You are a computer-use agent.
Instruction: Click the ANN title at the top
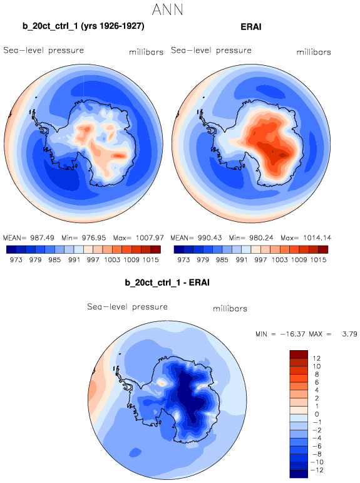[x=168, y=9]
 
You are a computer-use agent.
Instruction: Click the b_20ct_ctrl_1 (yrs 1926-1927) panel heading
[x=83, y=26]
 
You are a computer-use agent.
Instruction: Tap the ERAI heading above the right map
[x=251, y=27]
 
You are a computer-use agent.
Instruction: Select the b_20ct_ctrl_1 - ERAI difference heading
[x=167, y=283]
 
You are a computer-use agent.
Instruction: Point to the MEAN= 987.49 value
[x=28, y=238]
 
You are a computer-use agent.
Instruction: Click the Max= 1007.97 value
[x=138, y=238]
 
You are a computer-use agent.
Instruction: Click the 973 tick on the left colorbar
[x=16, y=260]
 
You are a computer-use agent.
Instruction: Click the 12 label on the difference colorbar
[x=317, y=358]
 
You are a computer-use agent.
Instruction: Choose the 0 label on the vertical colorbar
[x=317, y=414]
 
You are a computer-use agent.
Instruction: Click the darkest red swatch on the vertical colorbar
[x=299, y=354]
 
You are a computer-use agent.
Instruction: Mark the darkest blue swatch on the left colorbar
[x=11, y=249]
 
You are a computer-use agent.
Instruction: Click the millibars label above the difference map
[x=230, y=309]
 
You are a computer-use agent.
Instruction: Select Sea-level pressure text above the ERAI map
[x=211, y=50]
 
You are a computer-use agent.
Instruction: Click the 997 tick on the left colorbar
[x=93, y=260]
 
